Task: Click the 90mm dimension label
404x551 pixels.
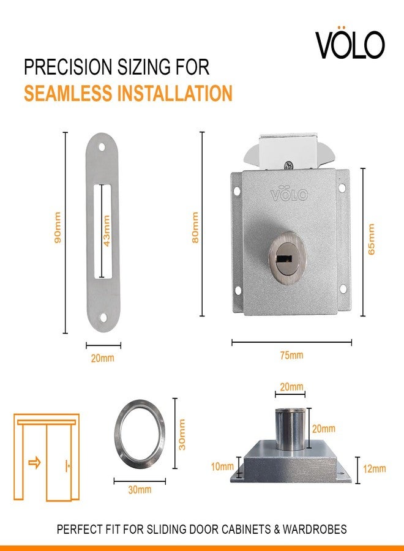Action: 58,227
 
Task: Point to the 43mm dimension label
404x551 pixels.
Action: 107,231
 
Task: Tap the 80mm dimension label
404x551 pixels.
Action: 195,227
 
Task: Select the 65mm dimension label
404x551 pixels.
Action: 372,239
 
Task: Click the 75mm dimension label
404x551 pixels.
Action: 291,355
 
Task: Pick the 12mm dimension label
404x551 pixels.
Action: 374,468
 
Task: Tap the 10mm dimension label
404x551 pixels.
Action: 222,467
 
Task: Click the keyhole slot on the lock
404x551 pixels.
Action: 284,259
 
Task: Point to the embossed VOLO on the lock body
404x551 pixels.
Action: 289,193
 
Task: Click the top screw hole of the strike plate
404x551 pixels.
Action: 102,146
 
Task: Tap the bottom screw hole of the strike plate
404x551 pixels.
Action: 103,318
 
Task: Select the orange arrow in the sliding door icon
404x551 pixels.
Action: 34,462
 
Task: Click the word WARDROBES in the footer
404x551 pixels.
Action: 315,529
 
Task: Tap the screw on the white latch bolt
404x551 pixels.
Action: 289,165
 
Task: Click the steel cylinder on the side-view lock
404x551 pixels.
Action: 290,429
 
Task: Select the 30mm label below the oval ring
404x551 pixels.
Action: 140,490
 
